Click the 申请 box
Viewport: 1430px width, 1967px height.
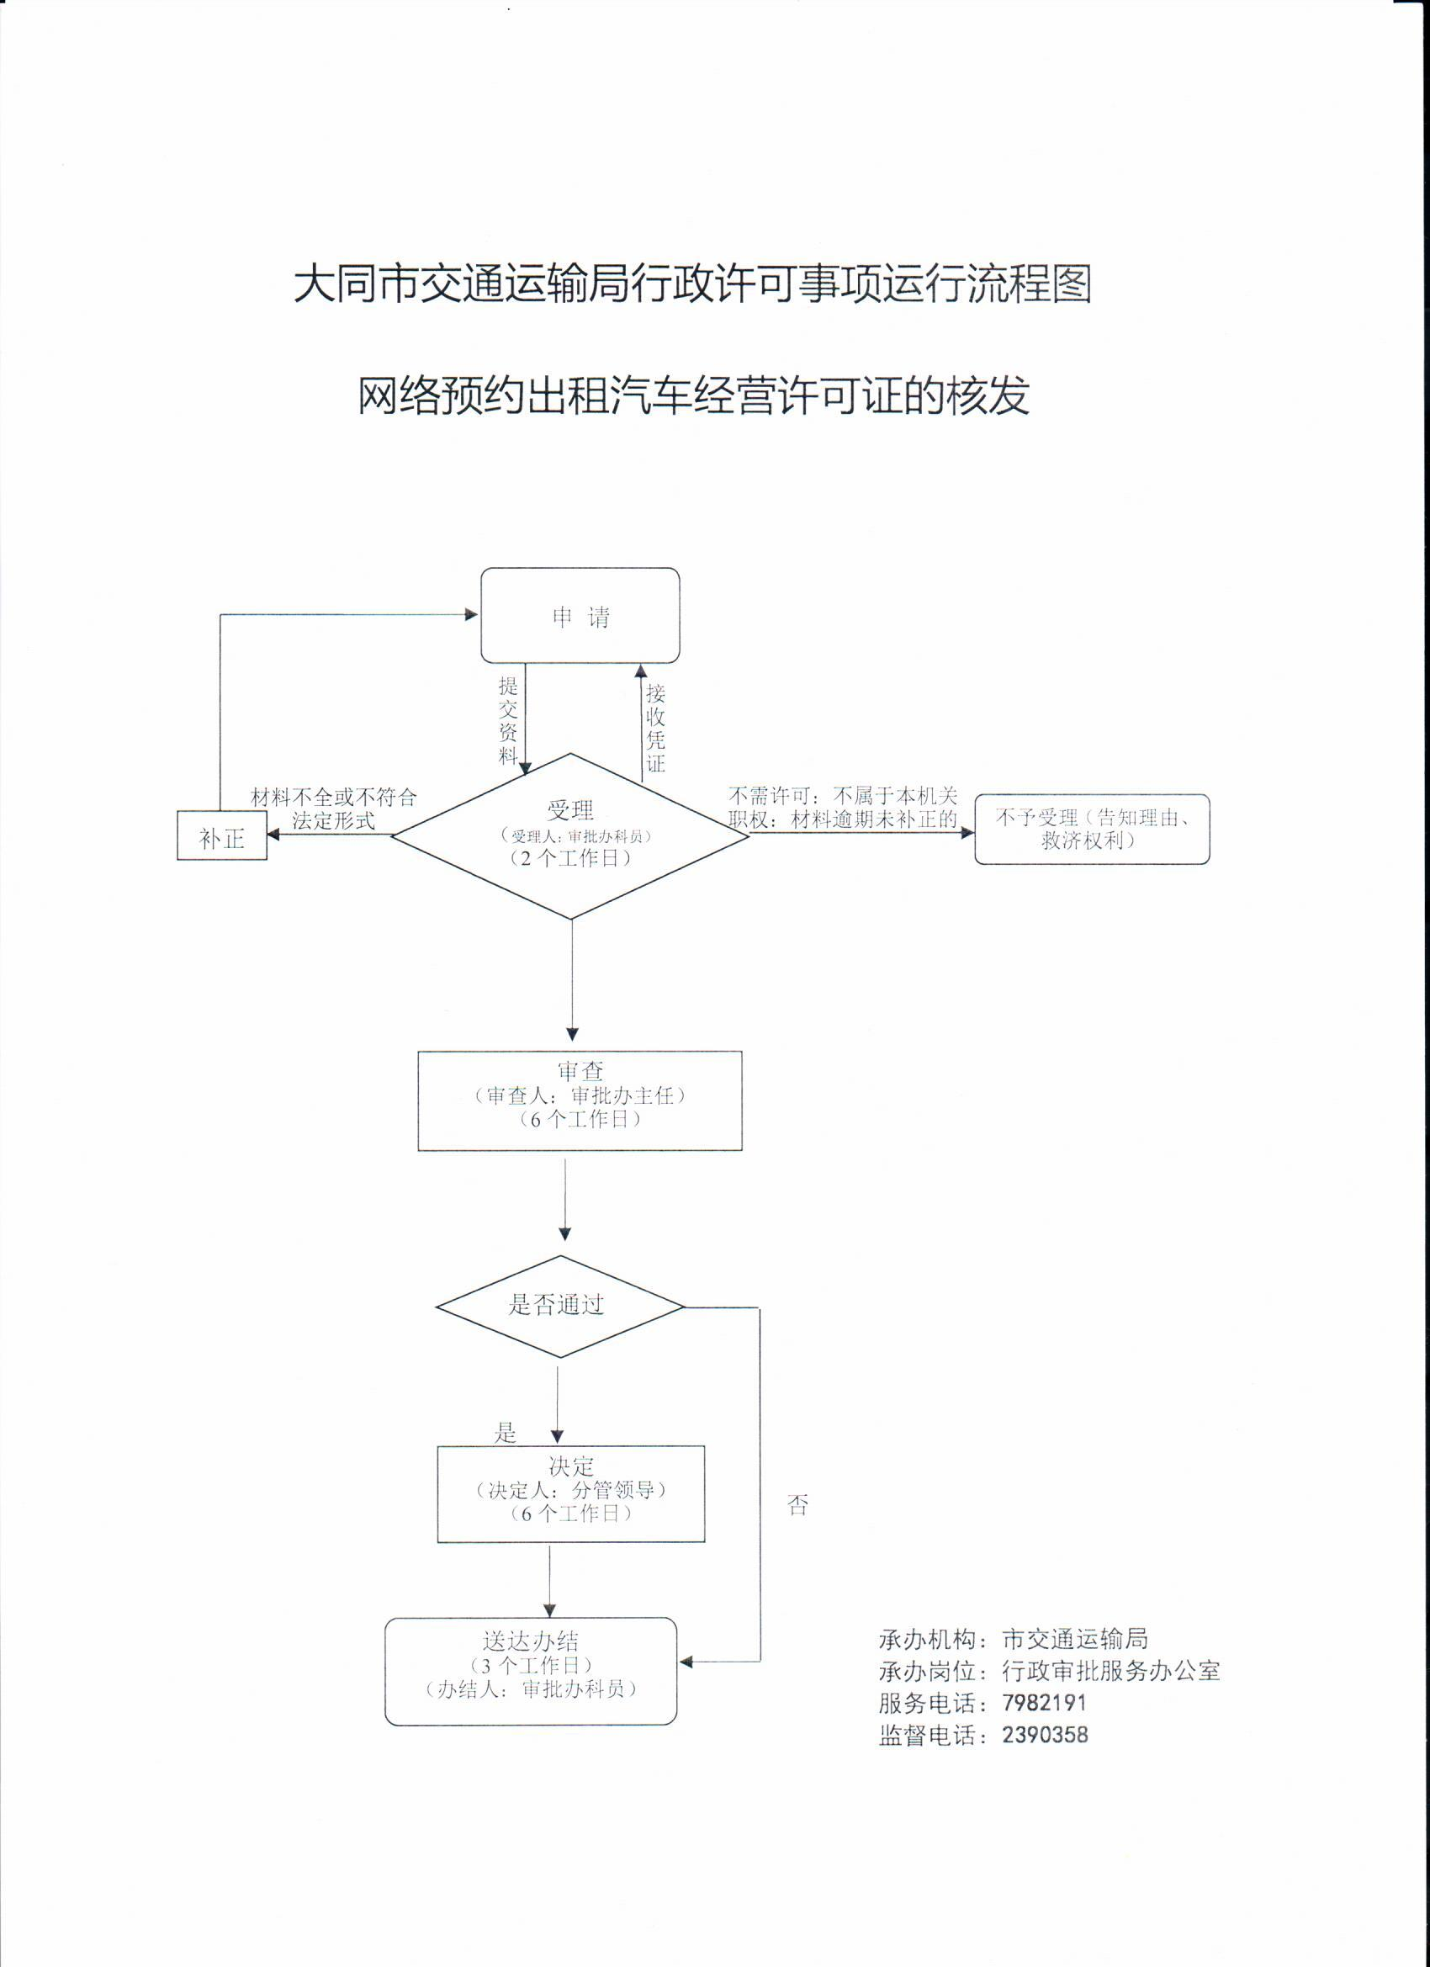point(580,616)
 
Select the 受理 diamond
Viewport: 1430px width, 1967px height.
point(569,835)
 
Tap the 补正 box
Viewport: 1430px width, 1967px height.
point(222,837)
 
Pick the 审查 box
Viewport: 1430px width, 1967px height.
point(580,1100)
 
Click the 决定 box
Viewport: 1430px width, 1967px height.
point(570,1494)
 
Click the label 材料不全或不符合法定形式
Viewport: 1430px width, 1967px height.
point(334,809)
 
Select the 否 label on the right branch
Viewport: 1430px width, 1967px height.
point(797,1506)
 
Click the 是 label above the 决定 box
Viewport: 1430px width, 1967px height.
point(506,1433)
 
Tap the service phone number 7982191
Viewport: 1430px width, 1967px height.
point(1043,1703)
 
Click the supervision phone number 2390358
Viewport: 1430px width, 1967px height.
point(1044,1735)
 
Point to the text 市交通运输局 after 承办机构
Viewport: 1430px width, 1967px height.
point(1074,1639)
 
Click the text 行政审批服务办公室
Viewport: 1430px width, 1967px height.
point(1110,1670)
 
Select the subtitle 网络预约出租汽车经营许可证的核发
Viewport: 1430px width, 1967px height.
point(694,396)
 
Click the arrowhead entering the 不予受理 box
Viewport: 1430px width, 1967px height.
point(968,833)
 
